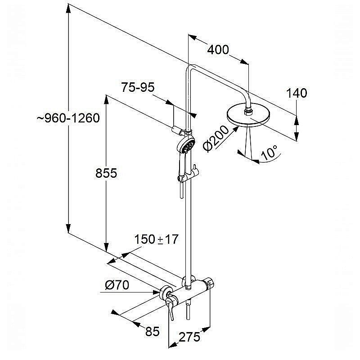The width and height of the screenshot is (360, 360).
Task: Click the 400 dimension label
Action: point(218,50)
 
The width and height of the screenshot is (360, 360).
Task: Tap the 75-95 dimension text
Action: point(138,87)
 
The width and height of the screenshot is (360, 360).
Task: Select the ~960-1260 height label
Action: point(68,118)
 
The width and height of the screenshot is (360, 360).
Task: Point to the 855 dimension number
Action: point(106,173)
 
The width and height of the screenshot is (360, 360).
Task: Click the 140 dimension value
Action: point(297,93)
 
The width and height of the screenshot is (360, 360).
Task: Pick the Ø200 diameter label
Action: point(216,139)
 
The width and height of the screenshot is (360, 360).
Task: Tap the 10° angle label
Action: point(269,153)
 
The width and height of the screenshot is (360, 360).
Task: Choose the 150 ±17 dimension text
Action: point(156,239)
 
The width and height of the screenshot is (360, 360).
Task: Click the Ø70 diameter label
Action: point(117,285)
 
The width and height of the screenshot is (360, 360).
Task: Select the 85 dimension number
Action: point(152,331)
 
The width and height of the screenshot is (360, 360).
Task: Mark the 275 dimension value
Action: point(189,337)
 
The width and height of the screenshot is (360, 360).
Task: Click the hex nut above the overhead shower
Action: point(248,111)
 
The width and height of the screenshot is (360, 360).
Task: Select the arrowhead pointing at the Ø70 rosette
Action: point(156,292)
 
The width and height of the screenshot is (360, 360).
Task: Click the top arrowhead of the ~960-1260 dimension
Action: point(68,9)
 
